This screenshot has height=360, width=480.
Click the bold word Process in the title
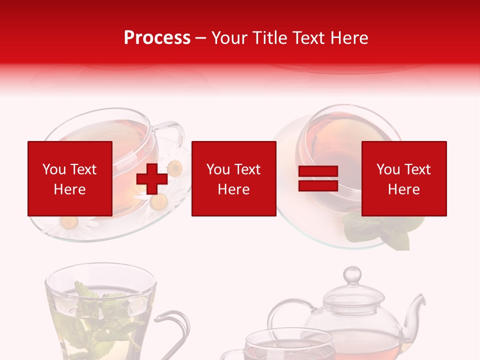click(157, 38)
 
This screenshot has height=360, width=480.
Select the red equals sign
click(318, 178)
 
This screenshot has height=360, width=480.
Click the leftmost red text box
click(70, 178)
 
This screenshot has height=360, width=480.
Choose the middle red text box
click(233, 178)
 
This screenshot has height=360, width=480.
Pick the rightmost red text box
click(404, 178)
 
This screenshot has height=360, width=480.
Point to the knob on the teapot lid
click(352, 274)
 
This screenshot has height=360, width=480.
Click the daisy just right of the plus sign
click(175, 168)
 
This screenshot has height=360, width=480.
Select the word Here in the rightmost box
click(404, 189)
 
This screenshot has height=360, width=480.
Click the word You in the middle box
click(217, 169)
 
